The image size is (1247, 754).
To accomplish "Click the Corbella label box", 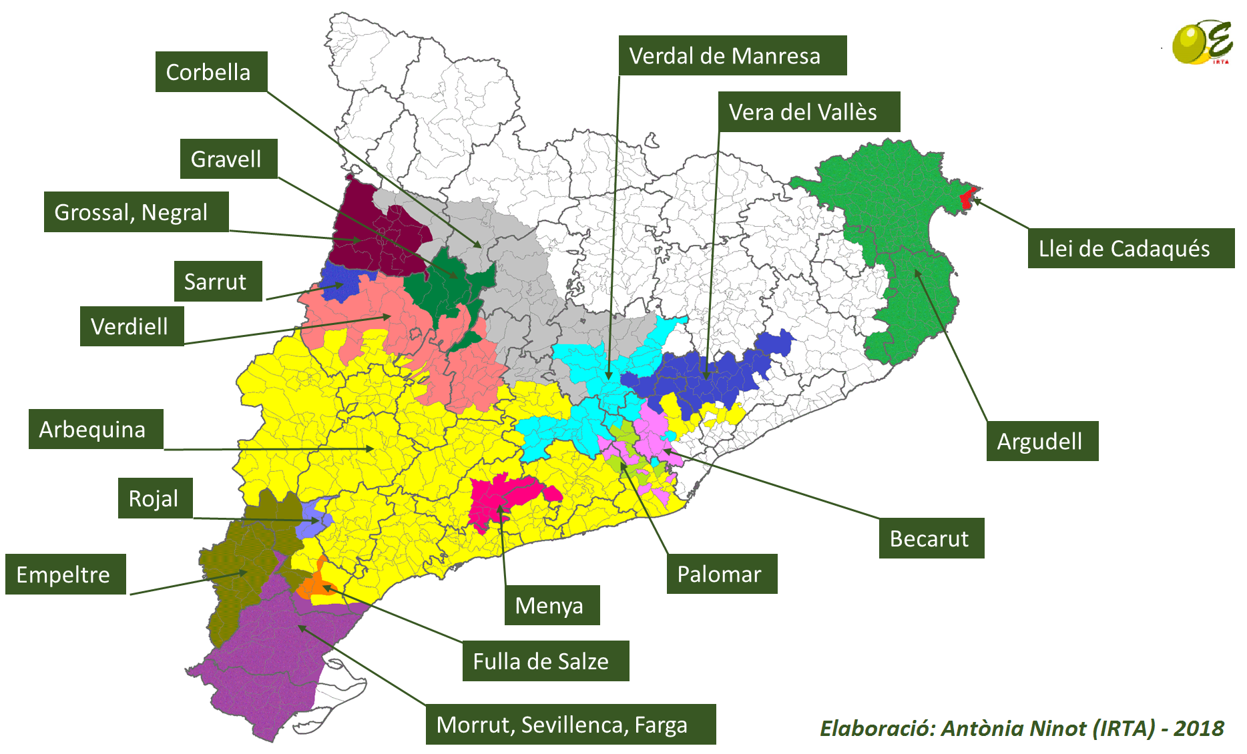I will click(211, 71).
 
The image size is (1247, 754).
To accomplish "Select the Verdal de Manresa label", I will click(732, 55).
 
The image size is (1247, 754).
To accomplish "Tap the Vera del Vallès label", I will click(808, 111).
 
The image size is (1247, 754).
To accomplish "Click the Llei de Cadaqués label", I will click(1130, 248).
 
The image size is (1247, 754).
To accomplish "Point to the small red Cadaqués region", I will click(966, 198).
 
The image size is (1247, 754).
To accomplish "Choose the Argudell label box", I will click(1041, 441).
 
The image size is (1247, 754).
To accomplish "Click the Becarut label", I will click(931, 538).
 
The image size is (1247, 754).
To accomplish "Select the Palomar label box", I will click(722, 574).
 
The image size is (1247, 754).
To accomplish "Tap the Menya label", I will click(551, 605).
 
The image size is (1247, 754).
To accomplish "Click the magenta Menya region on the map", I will click(507, 497).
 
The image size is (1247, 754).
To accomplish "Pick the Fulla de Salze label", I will click(545, 661).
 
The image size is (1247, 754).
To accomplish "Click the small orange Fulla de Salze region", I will click(314, 585).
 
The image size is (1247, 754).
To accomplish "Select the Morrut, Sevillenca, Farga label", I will click(570, 724).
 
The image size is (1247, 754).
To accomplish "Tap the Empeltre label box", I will click(65, 574).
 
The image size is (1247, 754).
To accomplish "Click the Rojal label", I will click(155, 498).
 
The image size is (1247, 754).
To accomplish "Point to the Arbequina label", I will click(95, 429).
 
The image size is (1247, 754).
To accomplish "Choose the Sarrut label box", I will click(218, 281).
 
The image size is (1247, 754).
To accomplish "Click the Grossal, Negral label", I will click(136, 212).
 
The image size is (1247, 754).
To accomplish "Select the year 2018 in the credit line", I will click(1199, 728).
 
